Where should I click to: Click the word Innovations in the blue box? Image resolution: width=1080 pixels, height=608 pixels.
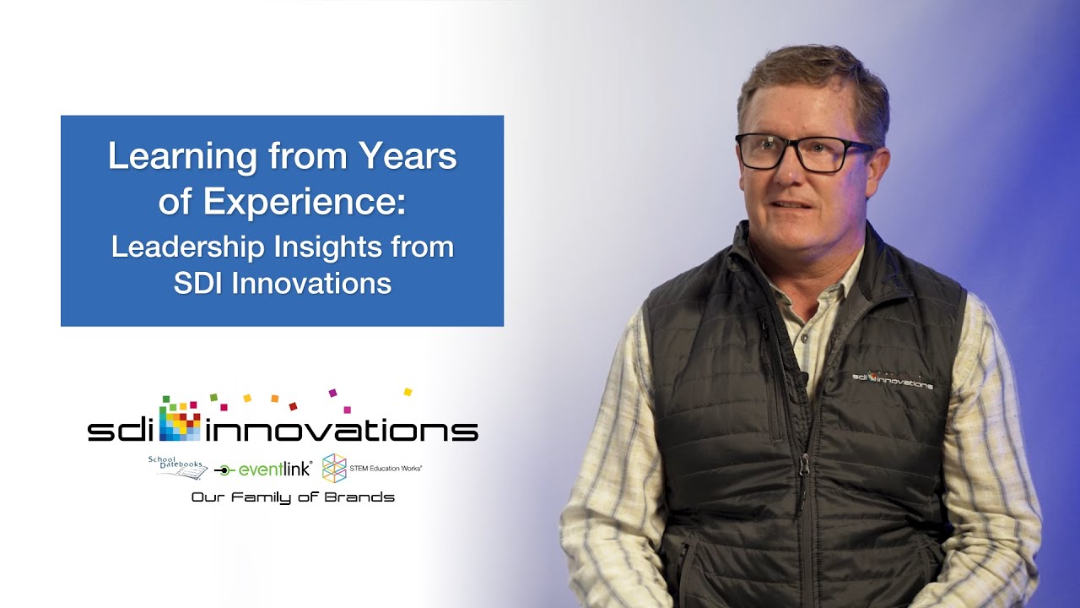[311, 283]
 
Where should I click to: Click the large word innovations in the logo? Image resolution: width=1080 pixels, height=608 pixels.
[341, 431]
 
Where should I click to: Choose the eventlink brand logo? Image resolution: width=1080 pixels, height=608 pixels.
[263, 470]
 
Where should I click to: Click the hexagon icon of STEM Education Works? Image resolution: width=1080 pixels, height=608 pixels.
[334, 468]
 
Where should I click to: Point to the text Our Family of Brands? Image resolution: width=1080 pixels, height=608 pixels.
[293, 497]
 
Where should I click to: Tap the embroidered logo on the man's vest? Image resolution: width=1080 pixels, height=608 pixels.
[892, 380]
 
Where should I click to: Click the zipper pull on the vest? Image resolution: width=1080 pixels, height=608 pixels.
[804, 463]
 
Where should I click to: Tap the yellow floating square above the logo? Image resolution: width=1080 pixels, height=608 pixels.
[408, 392]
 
